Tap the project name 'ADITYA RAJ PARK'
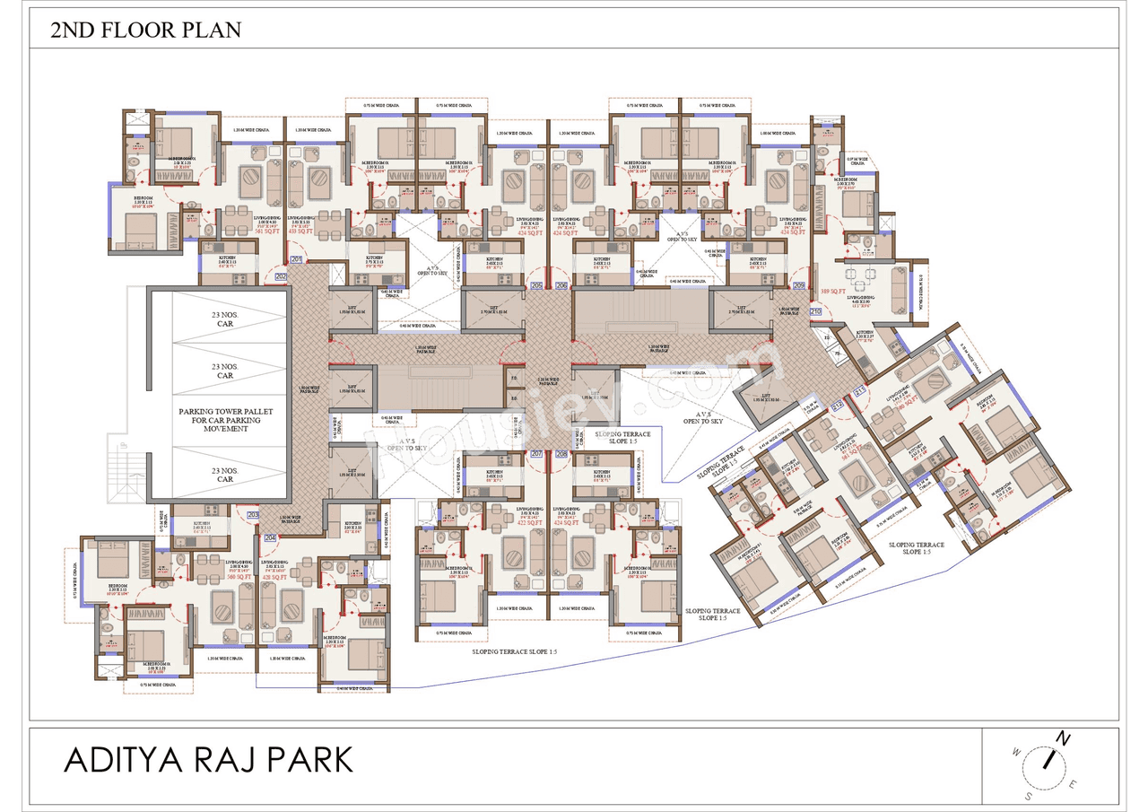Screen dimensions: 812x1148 coord(208,760)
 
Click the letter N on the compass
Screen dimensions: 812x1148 coord(1063,738)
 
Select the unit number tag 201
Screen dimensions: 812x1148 coord(295,261)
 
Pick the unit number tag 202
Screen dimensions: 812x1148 coord(280,276)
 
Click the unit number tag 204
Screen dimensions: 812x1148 coord(270,537)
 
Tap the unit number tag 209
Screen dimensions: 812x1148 coord(799,286)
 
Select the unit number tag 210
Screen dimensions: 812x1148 coord(815,311)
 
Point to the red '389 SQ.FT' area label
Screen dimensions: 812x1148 coord(835,292)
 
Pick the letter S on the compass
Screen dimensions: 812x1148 coord(1029,796)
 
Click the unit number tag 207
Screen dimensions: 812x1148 coord(537,455)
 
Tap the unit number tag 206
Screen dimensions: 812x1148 coord(561,286)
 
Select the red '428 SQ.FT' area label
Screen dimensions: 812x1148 coord(274,577)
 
